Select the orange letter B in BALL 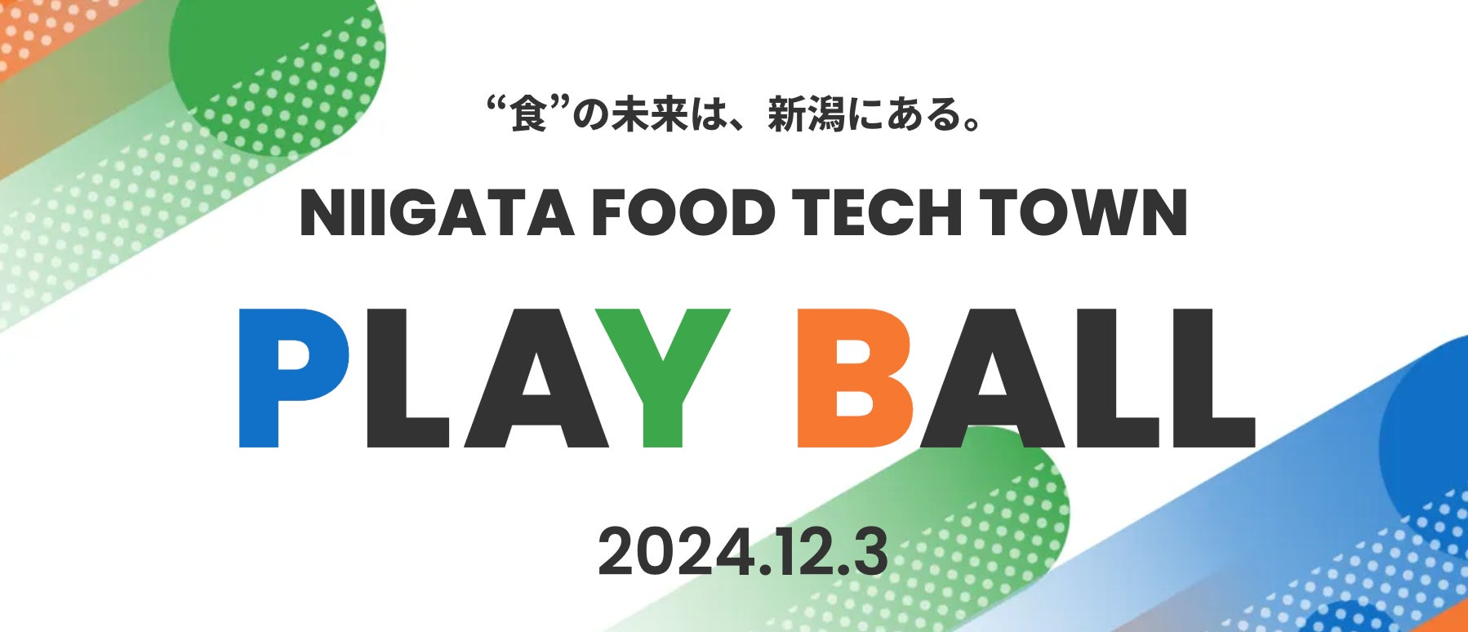(854, 377)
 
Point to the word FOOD (683, 214)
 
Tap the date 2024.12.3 (743, 553)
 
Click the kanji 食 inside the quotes (528, 114)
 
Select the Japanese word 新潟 (805, 114)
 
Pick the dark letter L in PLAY (406, 377)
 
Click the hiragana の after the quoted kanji (590, 115)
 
